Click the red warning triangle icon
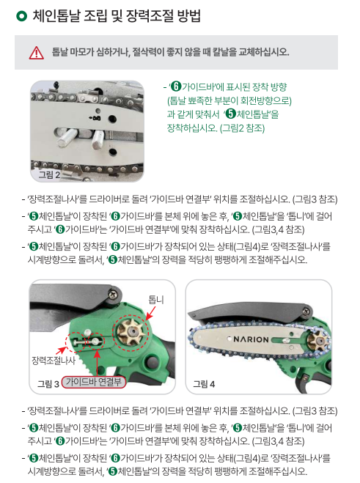(37, 53)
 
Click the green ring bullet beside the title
(21, 16)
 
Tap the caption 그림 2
(49, 174)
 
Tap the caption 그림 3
(48, 384)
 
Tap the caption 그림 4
(204, 384)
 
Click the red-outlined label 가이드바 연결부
(94, 382)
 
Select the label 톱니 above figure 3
(156, 300)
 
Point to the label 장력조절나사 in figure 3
(54, 361)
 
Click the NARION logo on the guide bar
(251, 339)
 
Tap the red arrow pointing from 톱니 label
(150, 314)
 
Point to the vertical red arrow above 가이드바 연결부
(98, 363)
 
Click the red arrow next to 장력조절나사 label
(62, 350)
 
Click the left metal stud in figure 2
(66, 137)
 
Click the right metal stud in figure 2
(98, 139)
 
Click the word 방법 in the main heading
(190, 16)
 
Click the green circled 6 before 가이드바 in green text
(176, 87)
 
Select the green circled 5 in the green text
(230, 114)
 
